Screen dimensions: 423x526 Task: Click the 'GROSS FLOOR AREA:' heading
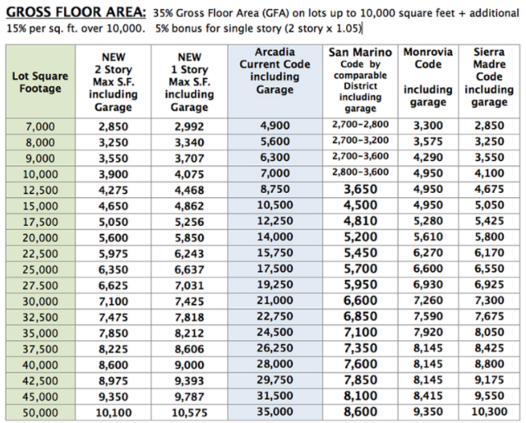(75, 13)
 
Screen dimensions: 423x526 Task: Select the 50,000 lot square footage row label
(41, 410)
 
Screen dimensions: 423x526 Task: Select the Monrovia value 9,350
(427, 410)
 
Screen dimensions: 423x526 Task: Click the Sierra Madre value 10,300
(489, 410)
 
